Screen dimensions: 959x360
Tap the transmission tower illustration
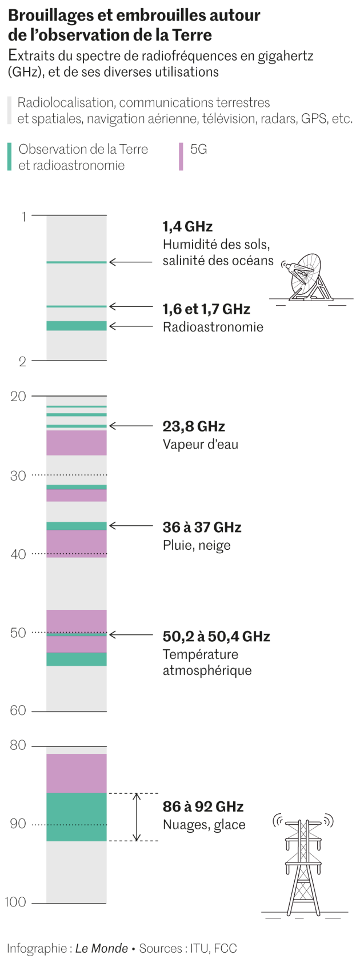tap(303, 863)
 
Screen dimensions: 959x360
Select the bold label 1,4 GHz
tap(187, 226)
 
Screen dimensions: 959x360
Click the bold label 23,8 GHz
tap(194, 426)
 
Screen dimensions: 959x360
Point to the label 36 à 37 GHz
tap(202, 527)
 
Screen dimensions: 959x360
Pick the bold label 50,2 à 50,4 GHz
tap(216, 636)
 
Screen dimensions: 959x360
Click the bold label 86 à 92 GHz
tap(203, 806)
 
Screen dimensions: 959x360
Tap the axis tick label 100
tap(15, 902)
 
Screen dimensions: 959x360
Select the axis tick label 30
tap(18, 475)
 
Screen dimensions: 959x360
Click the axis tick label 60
tap(18, 710)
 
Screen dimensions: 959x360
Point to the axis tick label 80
tap(18, 745)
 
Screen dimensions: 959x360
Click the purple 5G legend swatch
tap(181, 157)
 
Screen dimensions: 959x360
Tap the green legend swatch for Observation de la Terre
tap(9, 157)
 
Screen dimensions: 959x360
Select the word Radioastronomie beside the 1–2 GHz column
tap(213, 327)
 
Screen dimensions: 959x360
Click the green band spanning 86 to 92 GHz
tap(77, 817)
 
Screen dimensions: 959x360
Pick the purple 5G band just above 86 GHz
tap(77, 773)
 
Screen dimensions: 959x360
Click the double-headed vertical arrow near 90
tap(137, 817)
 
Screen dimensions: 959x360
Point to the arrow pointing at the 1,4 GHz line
tap(131, 262)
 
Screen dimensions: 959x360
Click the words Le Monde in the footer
tap(102, 948)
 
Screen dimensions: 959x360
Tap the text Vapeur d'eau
tap(200, 445)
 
